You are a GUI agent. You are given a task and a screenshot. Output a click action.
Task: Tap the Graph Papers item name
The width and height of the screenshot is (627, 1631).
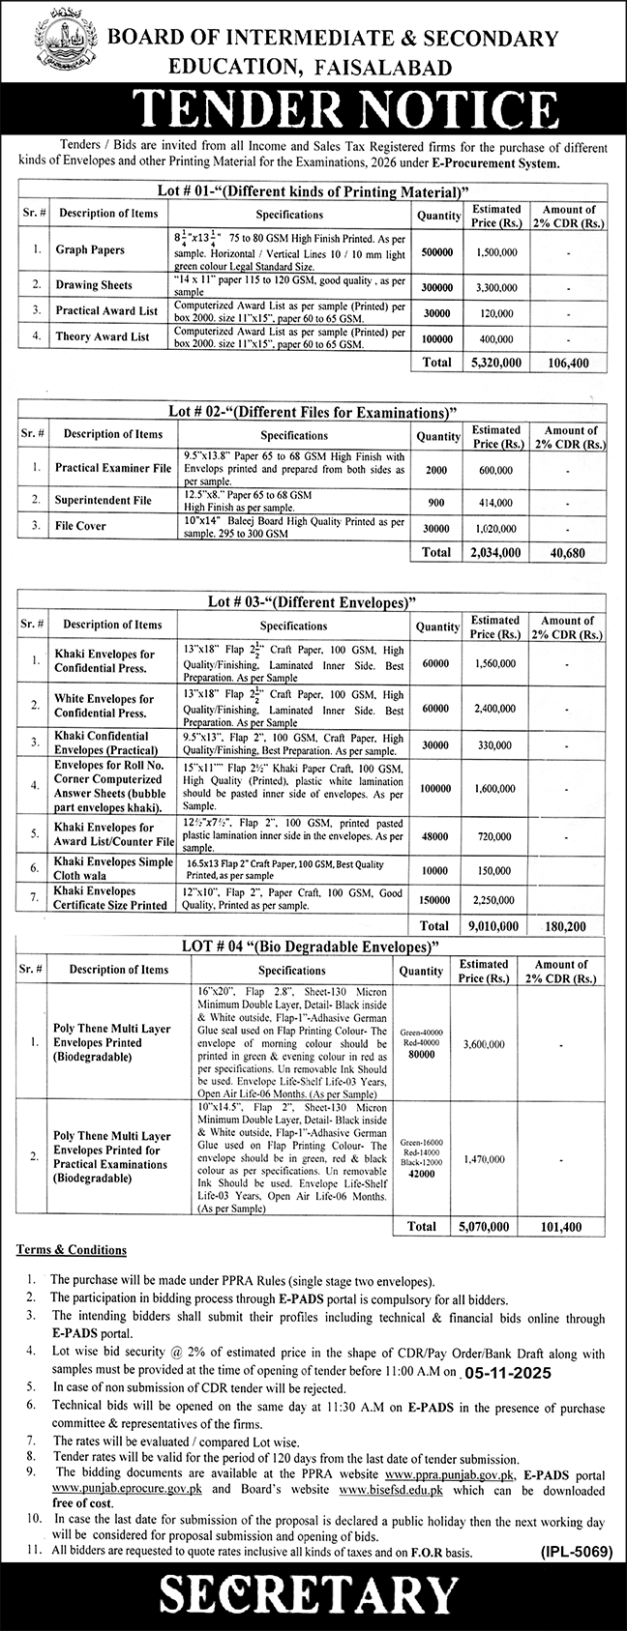[90, 249]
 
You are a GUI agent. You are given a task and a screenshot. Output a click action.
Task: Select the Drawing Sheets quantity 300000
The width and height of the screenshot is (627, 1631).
[435, 286]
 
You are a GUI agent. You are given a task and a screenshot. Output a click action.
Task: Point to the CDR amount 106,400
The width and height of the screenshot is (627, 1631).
[569, 363]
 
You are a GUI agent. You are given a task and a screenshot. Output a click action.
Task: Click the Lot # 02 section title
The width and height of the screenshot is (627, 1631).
[313, 411]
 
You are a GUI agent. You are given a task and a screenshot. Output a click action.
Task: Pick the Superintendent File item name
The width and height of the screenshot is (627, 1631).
[104, 501]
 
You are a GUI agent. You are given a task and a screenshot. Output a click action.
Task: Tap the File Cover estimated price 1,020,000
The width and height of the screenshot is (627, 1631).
[495, 527]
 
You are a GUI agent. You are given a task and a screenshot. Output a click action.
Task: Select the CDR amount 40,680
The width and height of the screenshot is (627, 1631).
[569, 552]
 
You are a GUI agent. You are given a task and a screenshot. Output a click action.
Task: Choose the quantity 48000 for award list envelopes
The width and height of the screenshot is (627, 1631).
[435, 834]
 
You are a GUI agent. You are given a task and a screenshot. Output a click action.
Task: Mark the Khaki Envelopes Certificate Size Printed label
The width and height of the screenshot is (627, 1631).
[110, 897]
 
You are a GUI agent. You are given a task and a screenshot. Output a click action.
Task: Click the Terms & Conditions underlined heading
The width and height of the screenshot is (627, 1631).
[72, 1250]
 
